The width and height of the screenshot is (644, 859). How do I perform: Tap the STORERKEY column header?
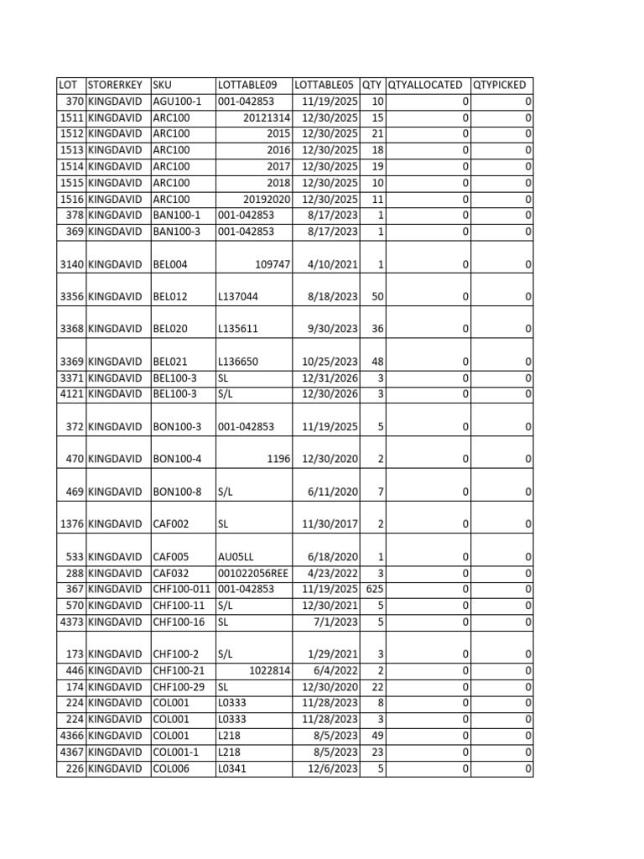[115, 85]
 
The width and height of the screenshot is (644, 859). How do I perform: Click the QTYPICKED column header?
[500, 85]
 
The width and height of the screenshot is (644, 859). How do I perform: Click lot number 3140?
[70, 264]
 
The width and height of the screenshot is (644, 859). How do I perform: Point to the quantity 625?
[374, 589]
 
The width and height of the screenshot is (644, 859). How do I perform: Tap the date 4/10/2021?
[333, 264]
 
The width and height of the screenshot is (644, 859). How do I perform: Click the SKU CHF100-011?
[181, 589]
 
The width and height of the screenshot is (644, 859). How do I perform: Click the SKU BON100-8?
[177, 492]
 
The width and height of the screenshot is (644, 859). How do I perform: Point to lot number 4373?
[70, 622]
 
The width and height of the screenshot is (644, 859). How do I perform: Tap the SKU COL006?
[171, 768]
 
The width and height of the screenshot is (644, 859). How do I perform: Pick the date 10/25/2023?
[330, 362]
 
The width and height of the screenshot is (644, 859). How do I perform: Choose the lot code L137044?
[238, 297]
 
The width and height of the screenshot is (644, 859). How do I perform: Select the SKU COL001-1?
[177, 752]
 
